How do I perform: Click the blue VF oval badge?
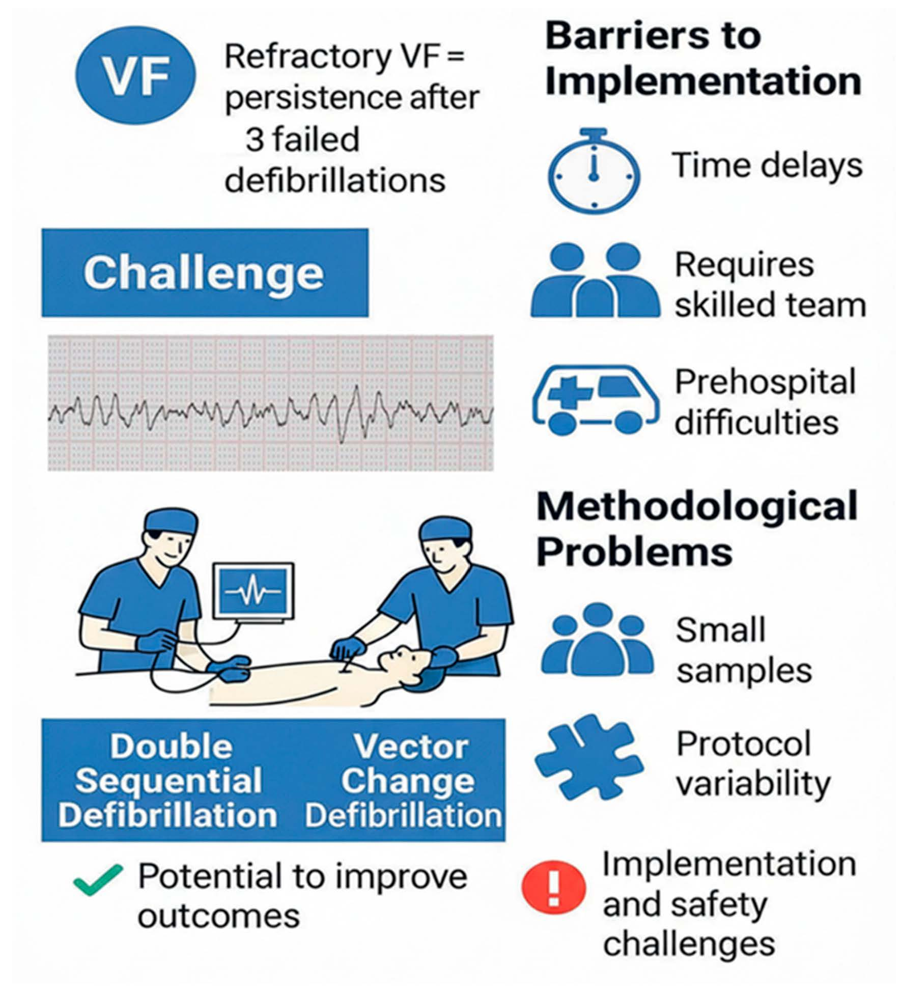click(135, 75)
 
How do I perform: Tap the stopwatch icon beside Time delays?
click(593, 171)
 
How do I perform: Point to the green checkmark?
click(97, 879)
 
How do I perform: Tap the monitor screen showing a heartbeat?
click(253, 591)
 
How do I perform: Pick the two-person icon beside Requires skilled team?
click(595, 280)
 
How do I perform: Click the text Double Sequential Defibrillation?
click(168, 781)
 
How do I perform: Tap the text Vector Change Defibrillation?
click(405, 781)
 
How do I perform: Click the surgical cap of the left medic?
click(170, 520)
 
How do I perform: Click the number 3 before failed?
click(255, 140)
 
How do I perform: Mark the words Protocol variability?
click(752, 764)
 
